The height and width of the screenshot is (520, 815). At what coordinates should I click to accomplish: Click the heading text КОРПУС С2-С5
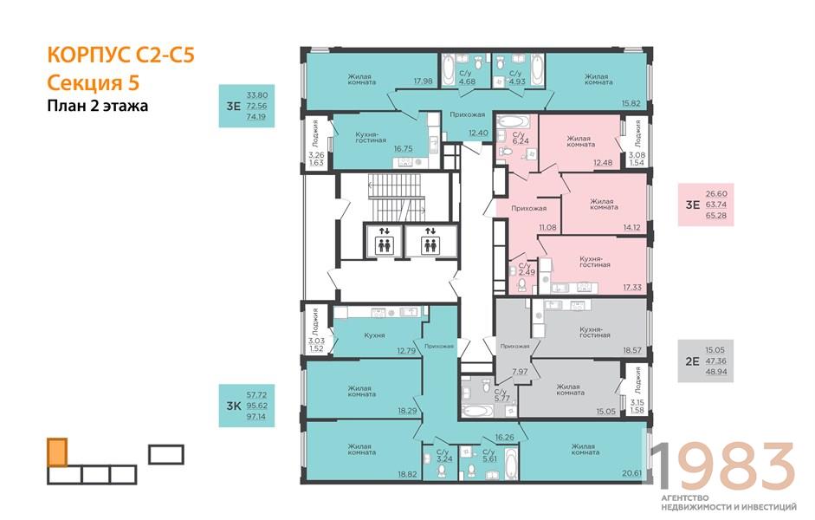(120, 55)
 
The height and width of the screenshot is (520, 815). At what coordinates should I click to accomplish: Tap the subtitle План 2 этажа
(98, 106)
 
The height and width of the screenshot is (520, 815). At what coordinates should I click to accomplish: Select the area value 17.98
(424, 81)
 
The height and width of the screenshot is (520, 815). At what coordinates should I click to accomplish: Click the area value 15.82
(631, 103)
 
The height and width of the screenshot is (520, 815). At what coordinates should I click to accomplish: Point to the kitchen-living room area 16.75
(403, 149)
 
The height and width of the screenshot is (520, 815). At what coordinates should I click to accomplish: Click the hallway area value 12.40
(478, 133)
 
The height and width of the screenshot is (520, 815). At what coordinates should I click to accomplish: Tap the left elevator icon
(384, 240)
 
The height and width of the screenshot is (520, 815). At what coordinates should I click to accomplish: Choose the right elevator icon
(430, 240)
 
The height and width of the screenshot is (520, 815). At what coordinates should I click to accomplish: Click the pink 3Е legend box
(705, 205)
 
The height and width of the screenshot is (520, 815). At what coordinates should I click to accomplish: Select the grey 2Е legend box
(705, 361)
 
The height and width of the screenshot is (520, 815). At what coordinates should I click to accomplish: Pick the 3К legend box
(246, 406)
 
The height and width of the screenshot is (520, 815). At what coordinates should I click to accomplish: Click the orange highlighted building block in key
(57, 452)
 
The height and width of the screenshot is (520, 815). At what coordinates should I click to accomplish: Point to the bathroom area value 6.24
(521, 141)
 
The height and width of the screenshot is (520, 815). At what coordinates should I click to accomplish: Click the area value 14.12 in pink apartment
(631, 227)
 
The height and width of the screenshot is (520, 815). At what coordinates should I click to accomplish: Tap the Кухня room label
(374, 335)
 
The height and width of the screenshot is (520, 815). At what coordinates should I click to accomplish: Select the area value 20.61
(631, 474)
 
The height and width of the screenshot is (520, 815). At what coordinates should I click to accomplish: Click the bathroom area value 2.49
(527, 272)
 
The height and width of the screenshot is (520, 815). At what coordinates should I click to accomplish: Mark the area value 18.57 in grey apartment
(632, 350)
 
